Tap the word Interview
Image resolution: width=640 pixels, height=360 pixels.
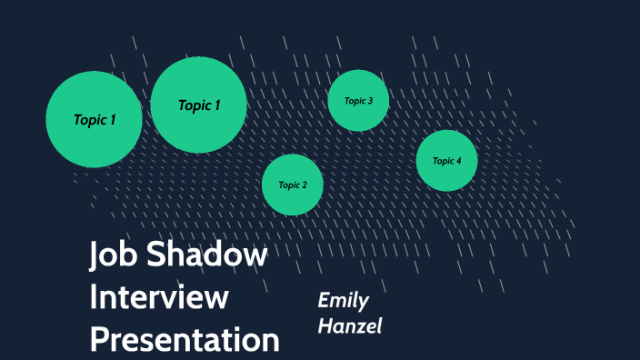click(159, 297)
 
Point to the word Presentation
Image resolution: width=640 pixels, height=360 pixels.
click(185, 339)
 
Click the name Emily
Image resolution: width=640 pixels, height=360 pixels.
click(343, 301)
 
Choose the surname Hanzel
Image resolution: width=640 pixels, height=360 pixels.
click(349, 325)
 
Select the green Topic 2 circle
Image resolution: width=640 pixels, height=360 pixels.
click(293, 185)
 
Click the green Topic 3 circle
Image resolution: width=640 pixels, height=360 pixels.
click(358, 100)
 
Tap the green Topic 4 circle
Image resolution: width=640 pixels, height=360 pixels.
click(446, 160)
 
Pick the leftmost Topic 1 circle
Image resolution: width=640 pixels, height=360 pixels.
click(94, 119)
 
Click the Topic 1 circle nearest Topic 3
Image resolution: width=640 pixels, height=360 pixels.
click(198, 105)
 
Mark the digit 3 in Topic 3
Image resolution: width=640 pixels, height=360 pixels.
click(370, 100)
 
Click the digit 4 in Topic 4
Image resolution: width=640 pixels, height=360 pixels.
click(459, 160)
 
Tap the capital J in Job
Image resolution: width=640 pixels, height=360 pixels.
click(95, 256)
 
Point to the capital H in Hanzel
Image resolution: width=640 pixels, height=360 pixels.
click(324, 325)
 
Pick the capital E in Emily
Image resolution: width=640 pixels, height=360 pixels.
click(323, 301)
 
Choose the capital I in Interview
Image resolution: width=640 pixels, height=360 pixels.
click(94, 297)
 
